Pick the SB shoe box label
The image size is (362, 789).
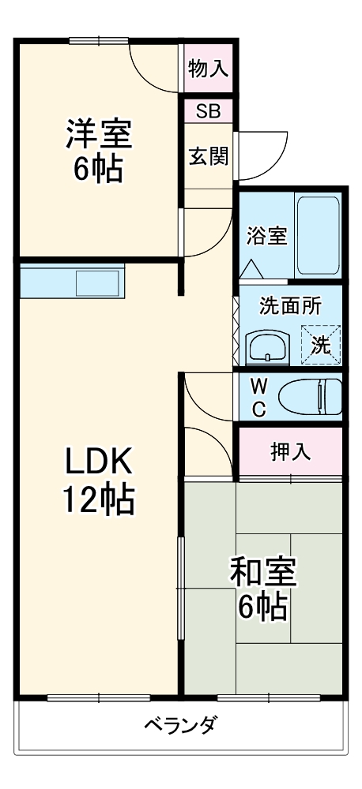(x=209, y=110)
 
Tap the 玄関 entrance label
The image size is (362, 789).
(x=209, y=155)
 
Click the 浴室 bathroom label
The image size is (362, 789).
(x=266, y=235)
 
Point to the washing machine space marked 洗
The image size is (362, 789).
(x=320, y=343)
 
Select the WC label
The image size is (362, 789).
(x=258, y=397)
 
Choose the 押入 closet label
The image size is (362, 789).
(x=290, y=451)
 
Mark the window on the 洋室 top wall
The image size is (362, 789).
(x=99, y=40)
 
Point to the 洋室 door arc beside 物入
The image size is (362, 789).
(x=154, y=67)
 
